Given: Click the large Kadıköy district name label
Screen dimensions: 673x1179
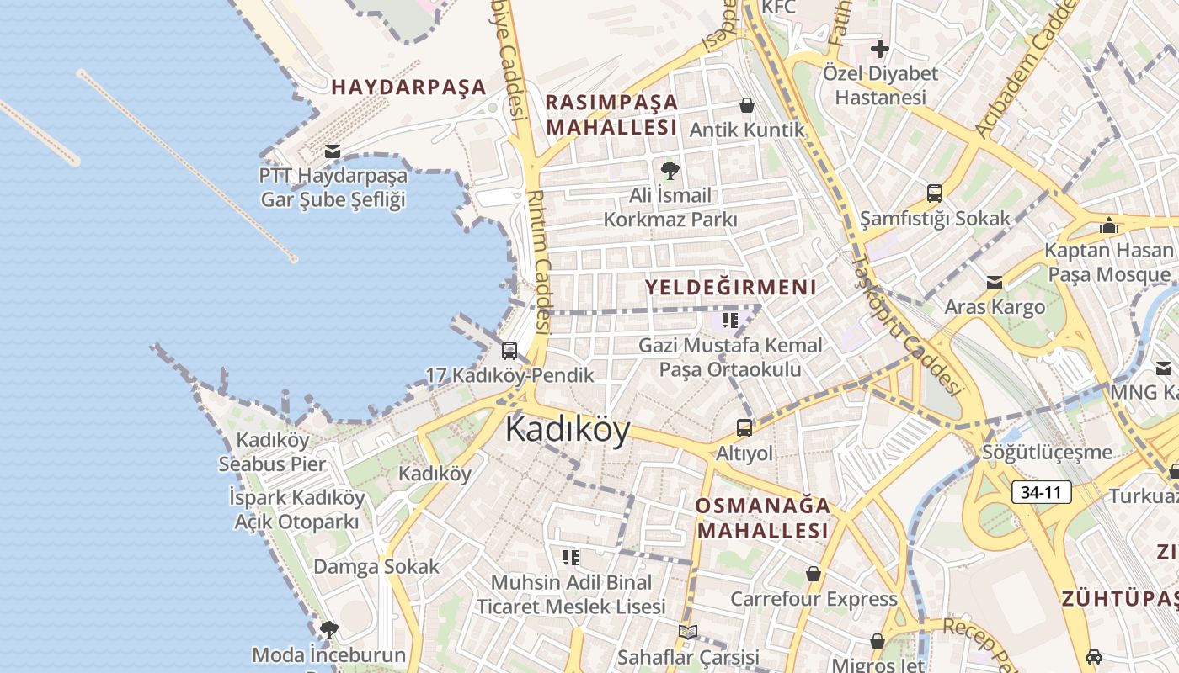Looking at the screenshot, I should (568, 431).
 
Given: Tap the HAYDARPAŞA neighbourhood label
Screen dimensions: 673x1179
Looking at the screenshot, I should (408, 87).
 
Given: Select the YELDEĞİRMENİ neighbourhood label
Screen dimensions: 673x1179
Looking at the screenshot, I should (730, 287).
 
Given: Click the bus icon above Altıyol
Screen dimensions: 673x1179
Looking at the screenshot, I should (744, 428).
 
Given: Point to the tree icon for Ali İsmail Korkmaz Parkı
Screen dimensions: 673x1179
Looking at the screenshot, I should (670, 171).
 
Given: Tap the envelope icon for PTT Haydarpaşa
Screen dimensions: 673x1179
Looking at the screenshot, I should (333, 151).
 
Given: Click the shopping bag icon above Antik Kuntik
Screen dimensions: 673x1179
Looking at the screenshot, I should (746, 106).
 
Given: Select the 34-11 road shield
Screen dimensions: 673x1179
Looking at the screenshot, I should (1041, 492).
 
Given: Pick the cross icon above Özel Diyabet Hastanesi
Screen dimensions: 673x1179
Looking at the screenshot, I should (880, 49).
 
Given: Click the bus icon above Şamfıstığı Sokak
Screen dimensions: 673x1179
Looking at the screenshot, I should (935, 193).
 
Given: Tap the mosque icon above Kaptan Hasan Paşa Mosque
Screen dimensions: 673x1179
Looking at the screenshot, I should (1108, 225).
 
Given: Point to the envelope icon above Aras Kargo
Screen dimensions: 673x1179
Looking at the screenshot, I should (995, 283).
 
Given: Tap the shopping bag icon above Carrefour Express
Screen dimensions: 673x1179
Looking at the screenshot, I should (814, 574).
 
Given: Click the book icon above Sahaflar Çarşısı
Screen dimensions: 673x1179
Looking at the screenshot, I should (688, 632).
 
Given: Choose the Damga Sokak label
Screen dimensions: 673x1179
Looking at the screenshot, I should (376, 566).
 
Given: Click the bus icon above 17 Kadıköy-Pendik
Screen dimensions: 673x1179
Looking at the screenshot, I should (509, 351).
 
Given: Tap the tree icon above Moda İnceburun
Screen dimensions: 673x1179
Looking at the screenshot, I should (328, 629).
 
